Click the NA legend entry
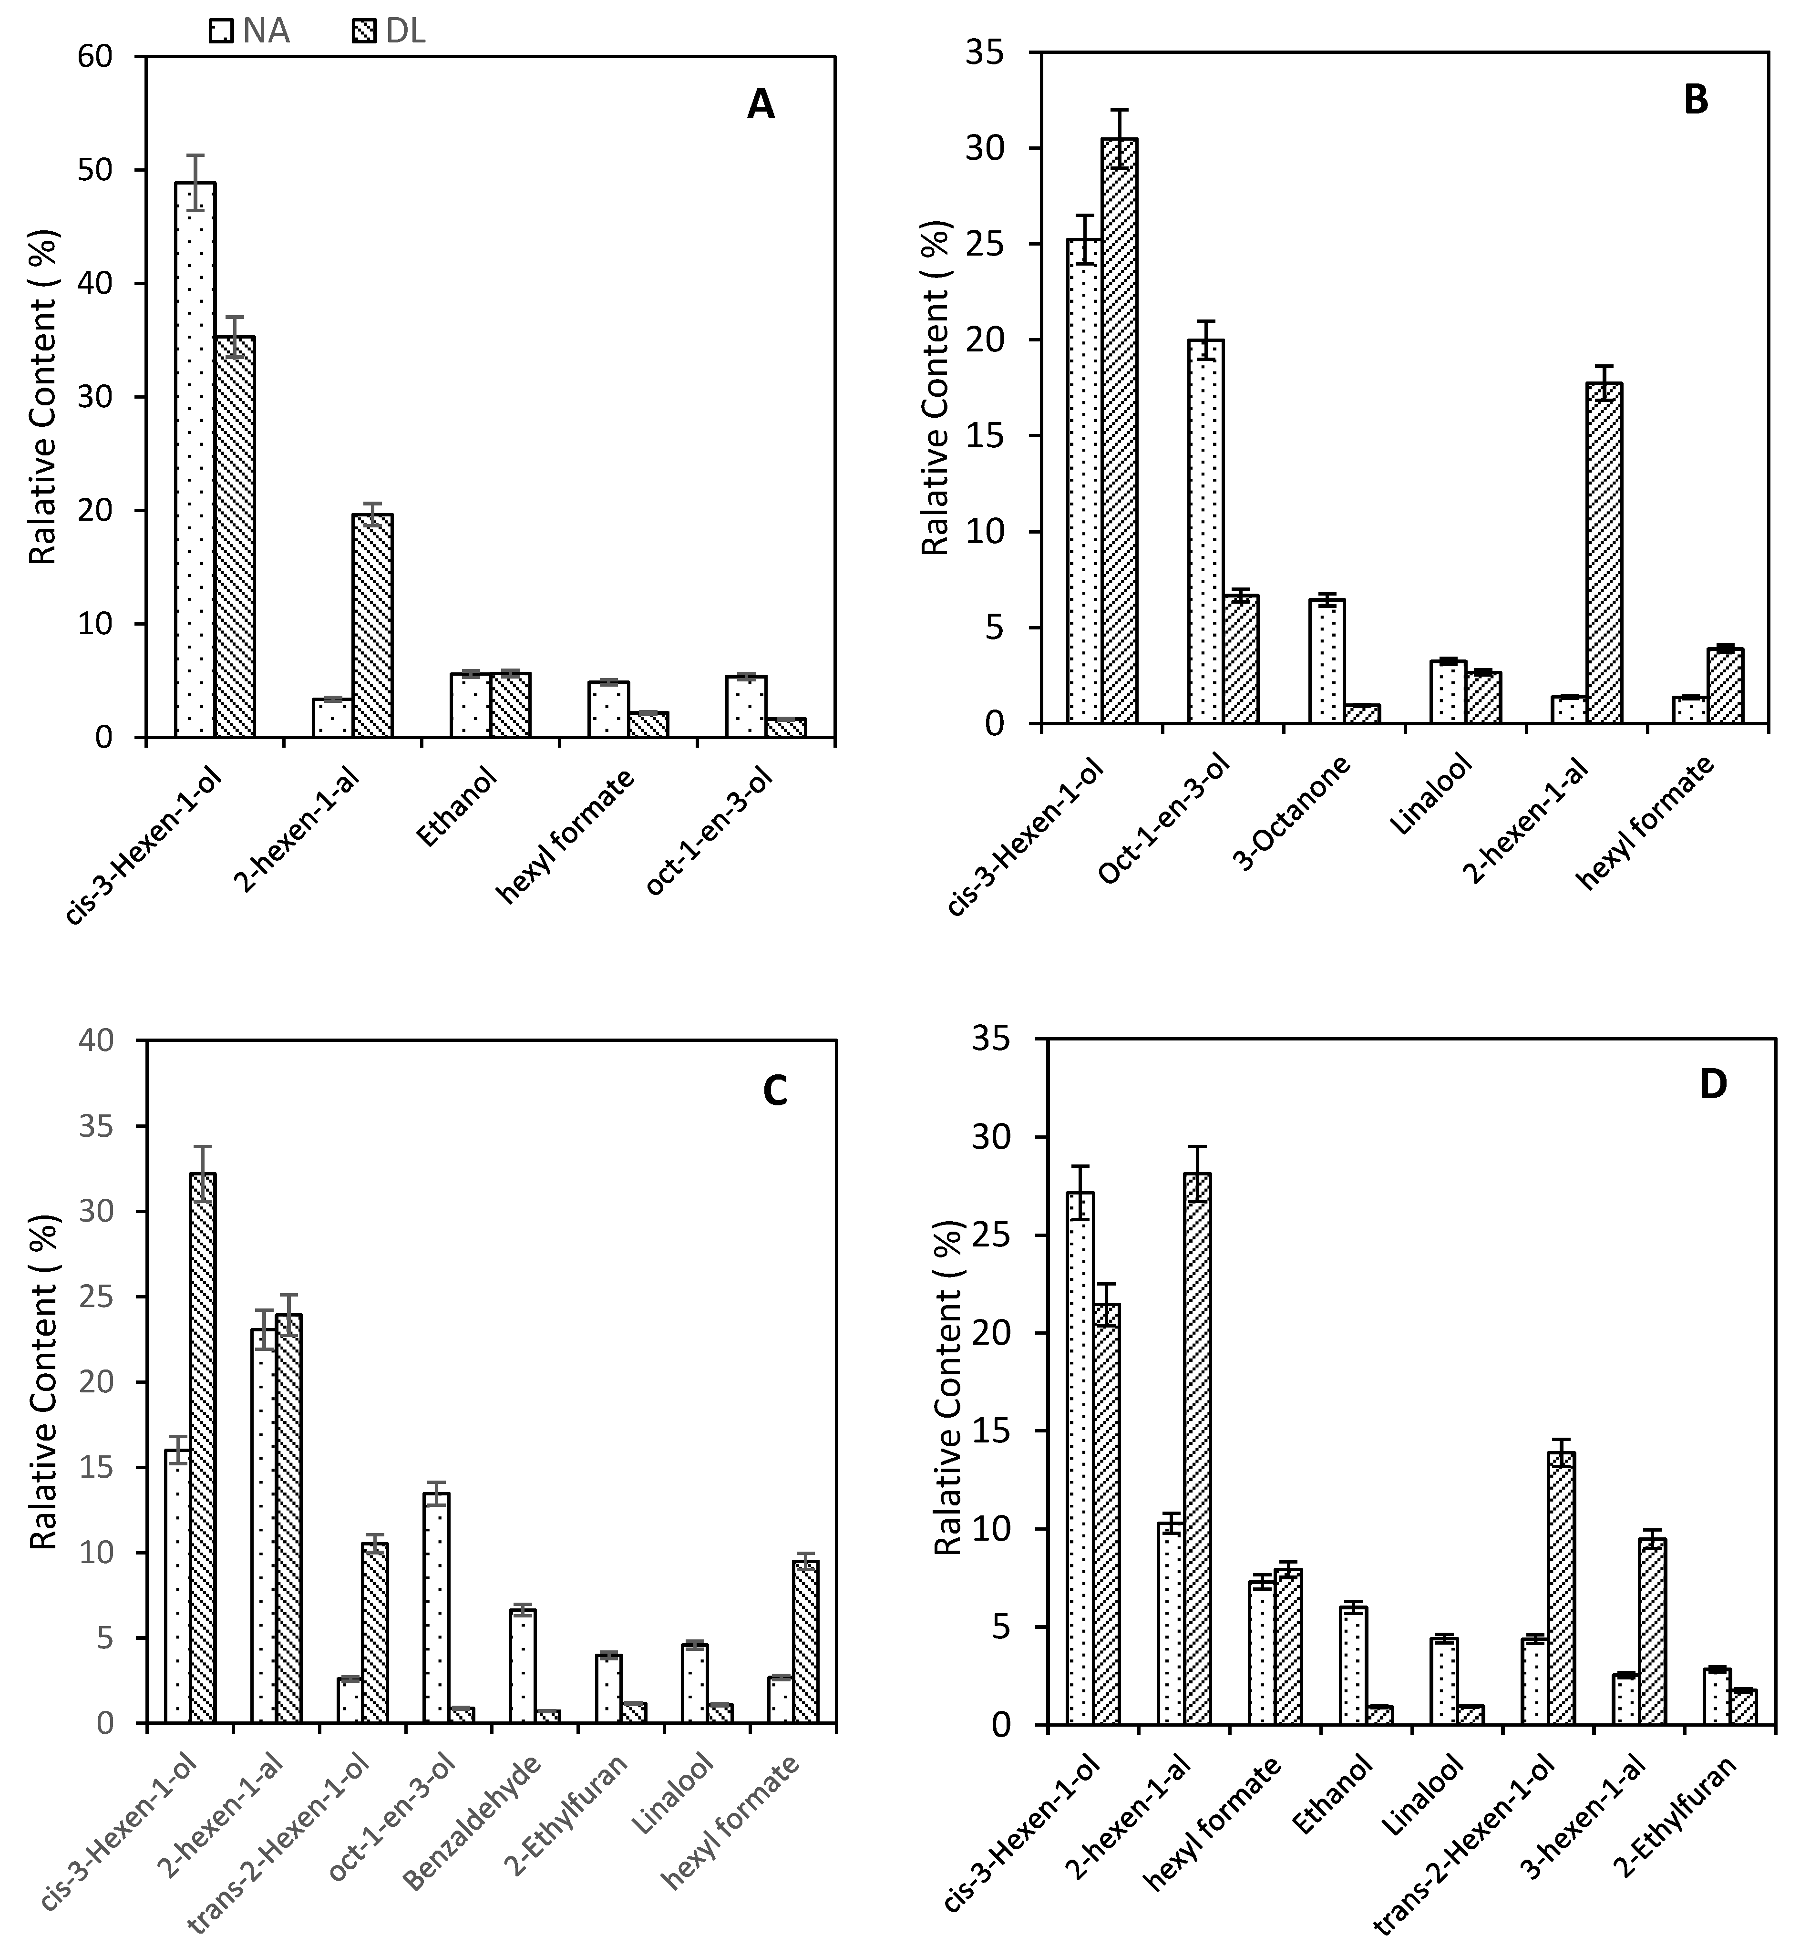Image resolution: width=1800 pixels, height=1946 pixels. [250, 32]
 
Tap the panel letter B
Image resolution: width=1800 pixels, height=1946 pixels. [1696, 99]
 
